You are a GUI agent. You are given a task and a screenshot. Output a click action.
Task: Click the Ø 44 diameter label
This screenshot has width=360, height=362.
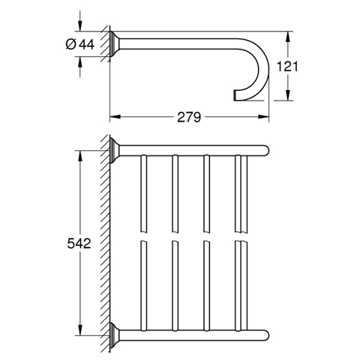pyautogui.click(x=80, y=45)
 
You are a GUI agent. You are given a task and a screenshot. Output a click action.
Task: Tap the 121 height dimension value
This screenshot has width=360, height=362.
pyautogui.click(x=287, y=67)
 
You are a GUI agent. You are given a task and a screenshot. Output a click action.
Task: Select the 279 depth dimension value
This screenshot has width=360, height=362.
pyautogui.click(x=189, y=117)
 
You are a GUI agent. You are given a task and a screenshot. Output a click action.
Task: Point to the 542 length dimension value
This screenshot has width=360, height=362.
pyautogui.click(x=79, y=243)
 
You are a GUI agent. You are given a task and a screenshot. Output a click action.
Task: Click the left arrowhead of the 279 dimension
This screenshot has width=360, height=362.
pyautogui.click(x=115, y=116)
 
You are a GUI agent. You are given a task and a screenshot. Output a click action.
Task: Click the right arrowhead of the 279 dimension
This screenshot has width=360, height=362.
pyautogui.click(x=263, y=116)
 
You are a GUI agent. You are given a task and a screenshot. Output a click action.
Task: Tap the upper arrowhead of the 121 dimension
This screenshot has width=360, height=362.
pyautogui.click(x=288, y=37)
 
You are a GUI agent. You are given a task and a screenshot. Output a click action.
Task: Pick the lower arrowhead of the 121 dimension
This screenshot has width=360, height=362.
pyautogui.click(x=288, y=95)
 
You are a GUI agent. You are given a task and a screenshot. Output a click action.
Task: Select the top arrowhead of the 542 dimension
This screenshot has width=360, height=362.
pyautogui.click(x=79, y=156)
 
